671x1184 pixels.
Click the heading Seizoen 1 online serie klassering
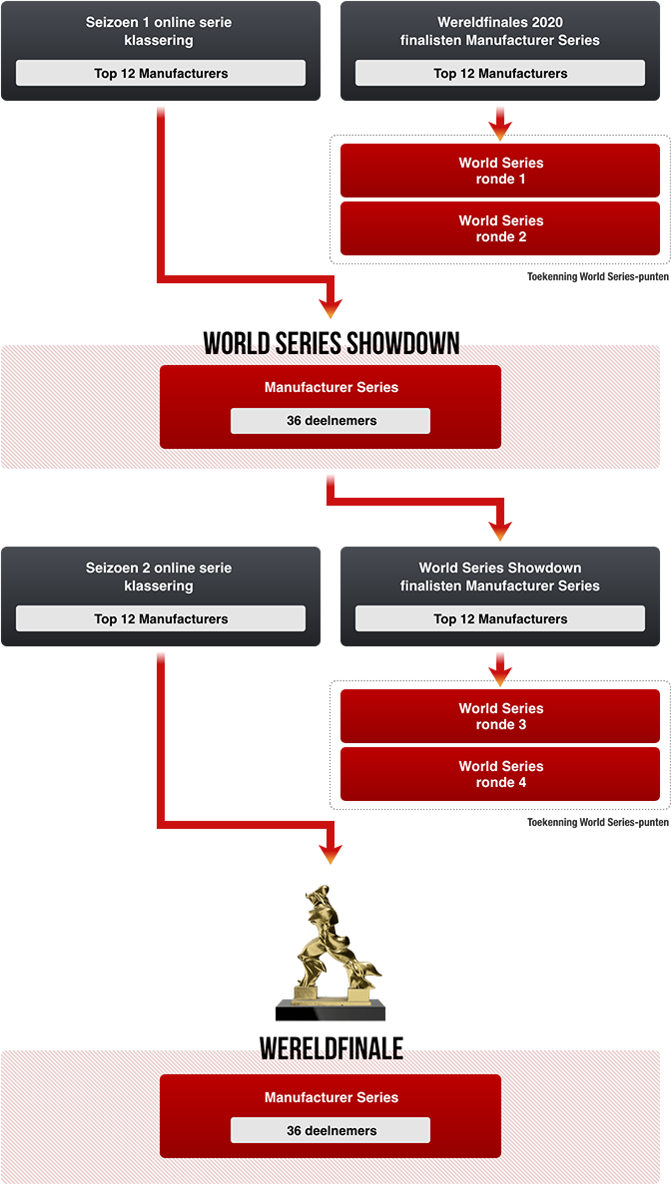pyautogui.click(x=160, y=31)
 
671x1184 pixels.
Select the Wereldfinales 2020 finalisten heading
pyautogui.click(x=500, y=31)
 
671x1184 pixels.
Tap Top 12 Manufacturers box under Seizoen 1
pyautogui.click(x=161, y=73)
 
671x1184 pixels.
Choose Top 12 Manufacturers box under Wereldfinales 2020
pyautogui.click(x=500, y=73)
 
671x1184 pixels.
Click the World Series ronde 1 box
pyautogui.click(x=500, y=171)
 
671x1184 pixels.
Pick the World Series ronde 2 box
pyautogui.click(x=500, y=228)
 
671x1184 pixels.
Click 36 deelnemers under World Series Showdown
pyautogui.click(x=331, y=421)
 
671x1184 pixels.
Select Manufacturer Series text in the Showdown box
pyautogui.click(x=331, y=387)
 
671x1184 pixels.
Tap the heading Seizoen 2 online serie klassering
pyautogui.click(x=160, y=577)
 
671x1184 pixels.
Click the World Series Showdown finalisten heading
pyautogui.click(x=500, y=577)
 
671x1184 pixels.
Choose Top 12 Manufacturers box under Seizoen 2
pyautogui.click(x=161, y=618)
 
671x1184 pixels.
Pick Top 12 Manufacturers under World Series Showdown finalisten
pyautogui.click(x=500, y=618)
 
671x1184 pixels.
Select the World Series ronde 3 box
pyautogui.click(x=500, y=716)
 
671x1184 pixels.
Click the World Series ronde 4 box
pyautogui.click(x=500, y=774)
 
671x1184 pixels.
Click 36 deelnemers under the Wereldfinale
pyautogui.click(x=331, y=1130)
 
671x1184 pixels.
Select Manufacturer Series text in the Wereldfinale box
pyautogui.click(x=331, y=1097)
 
